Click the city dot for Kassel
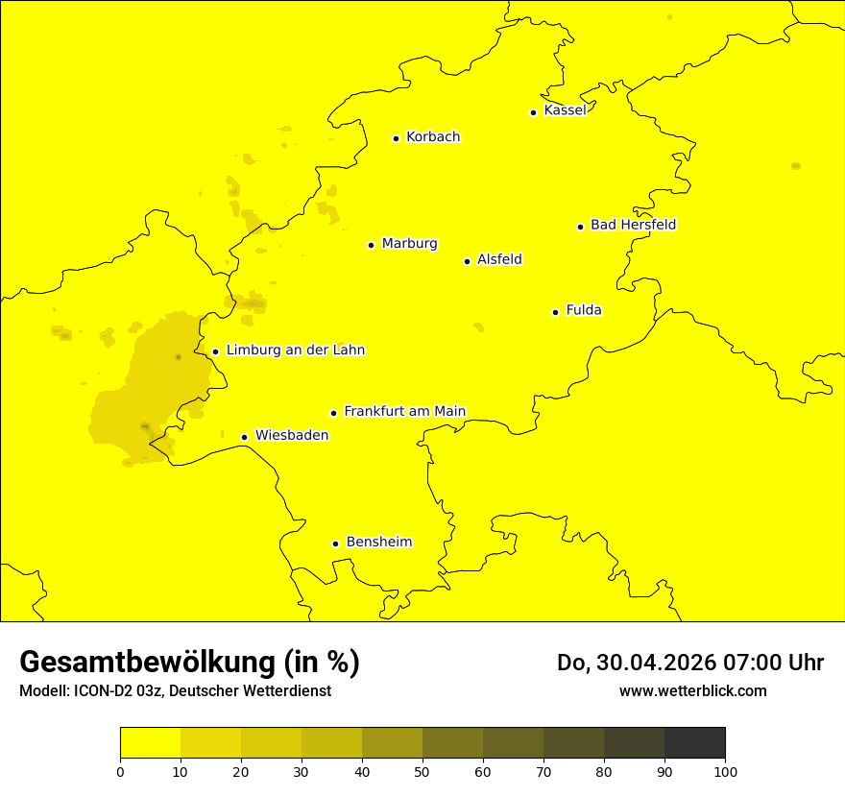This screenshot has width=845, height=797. (533, 112)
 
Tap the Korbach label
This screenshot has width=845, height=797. (433, 137)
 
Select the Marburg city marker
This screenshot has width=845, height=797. (371, 245)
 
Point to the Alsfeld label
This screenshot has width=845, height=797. (499, 259)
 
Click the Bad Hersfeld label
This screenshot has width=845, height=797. (633, 225)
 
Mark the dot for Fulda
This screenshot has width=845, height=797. (555, 312)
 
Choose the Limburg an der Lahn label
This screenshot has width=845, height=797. (295, 350)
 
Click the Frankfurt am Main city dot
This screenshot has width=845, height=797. (334, 413)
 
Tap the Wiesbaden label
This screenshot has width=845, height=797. (292, 435)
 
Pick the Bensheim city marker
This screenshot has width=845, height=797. (335, 543)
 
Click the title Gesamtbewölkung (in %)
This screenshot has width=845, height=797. (189, 662)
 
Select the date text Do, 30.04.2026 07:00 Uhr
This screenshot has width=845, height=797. (690, 663)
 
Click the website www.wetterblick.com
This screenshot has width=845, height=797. (693, 690)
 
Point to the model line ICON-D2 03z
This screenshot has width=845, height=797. (175, 691)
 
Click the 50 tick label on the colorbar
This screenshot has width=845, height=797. (422, 771)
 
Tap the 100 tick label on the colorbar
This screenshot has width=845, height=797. (725, 771)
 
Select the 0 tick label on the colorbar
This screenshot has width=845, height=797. (120, 771)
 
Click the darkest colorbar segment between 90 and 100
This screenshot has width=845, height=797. (694, 743)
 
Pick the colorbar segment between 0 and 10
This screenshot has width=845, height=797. (150, 743)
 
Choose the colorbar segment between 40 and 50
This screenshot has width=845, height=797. (392, 743)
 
